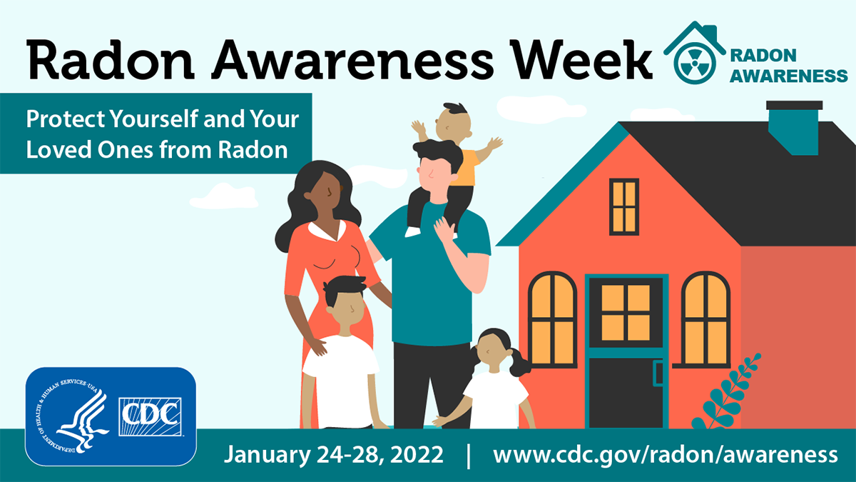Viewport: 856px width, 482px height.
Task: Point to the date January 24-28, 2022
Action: click(333, 454)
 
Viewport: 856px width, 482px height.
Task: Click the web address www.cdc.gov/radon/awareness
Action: click(665, 454)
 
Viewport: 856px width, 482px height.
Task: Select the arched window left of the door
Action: click(551, 318)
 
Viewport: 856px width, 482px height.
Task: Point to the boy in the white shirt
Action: click(341, 357)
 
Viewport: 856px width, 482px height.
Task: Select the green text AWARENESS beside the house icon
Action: click(788, 75)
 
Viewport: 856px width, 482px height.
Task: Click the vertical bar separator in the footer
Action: click(469, 455)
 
